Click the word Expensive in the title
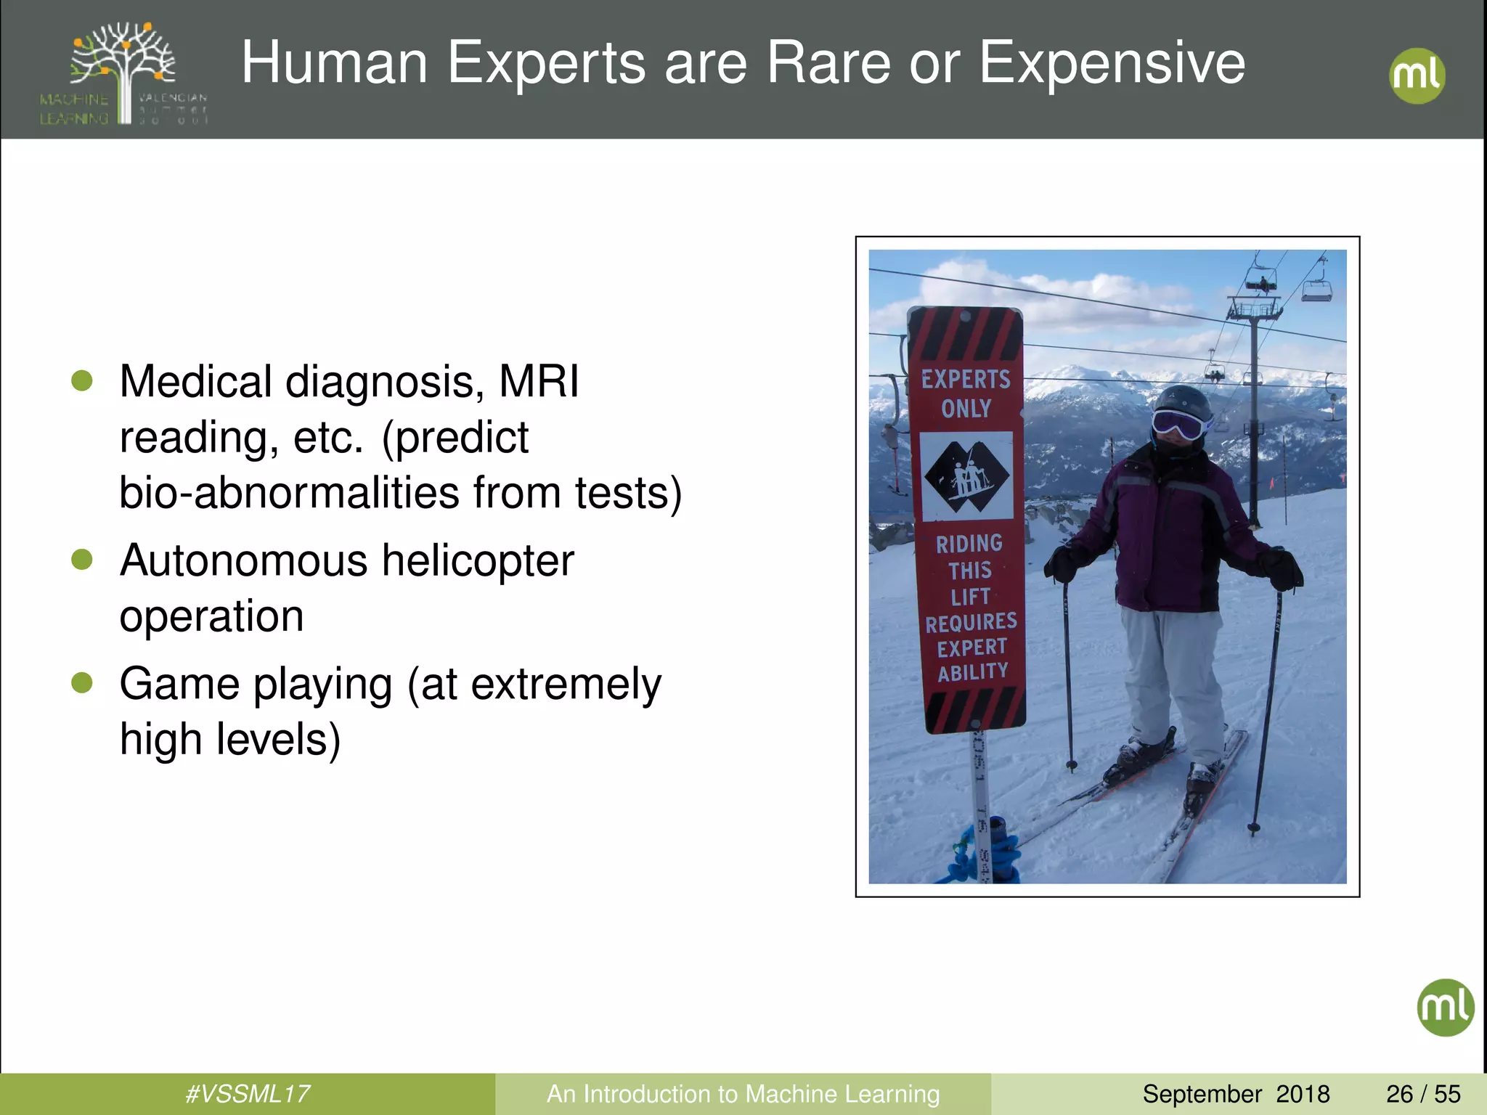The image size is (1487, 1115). (x=1112, y=63)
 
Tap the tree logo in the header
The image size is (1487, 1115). (x=124, y=73)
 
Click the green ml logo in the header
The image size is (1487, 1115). (x=1417, y=75)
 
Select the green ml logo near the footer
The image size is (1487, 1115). (x=1445, y=1007)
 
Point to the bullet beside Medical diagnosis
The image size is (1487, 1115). (x=82, y=380)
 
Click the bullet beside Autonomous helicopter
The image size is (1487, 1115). (x=82, y=559)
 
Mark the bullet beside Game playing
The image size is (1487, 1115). (x=82, y=682)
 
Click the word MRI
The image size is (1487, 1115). (x=539, y=381)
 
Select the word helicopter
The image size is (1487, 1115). (x=478, y=561)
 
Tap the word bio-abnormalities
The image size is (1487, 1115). (x=289, y=493)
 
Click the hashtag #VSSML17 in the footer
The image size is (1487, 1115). (x=248, y=1094)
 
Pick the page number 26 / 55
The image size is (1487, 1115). (x=1423, y=1094)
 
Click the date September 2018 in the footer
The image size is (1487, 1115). (x=1236, y=1094)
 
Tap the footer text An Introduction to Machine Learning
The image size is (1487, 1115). (x=743, y=1094)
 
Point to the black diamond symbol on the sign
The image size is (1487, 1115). (x=966, y=477)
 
